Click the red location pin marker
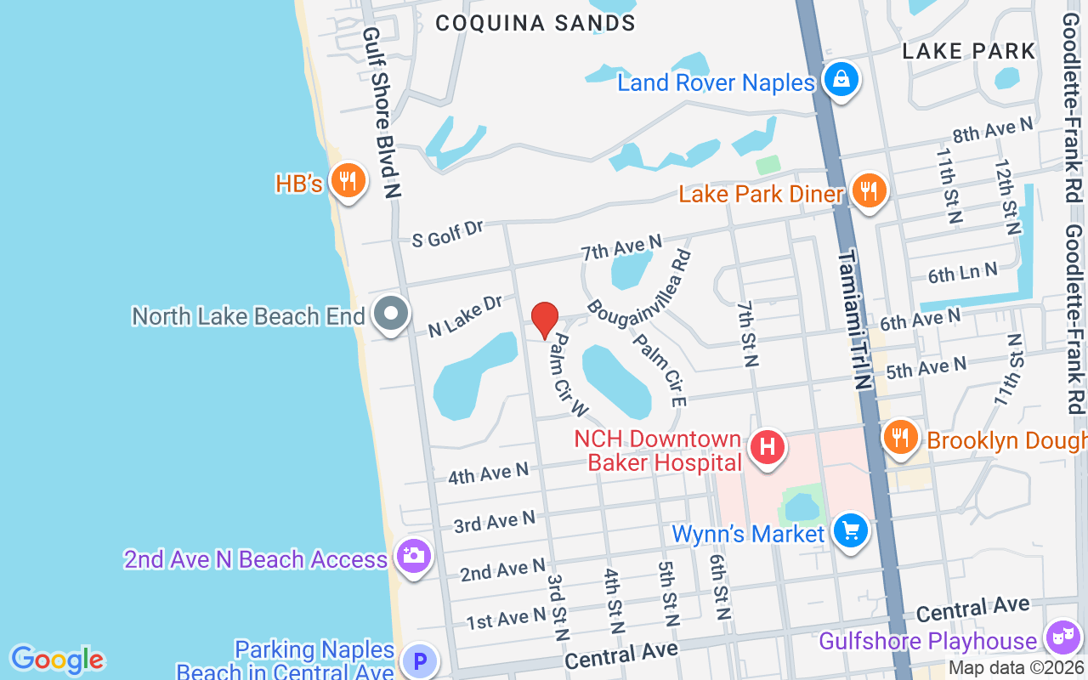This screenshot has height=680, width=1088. [x=544, y=320]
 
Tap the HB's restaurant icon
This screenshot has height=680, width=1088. [x=347, y=181]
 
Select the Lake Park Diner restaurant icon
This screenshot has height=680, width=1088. [x=868, y=190]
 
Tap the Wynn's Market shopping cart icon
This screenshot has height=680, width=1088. [x=849, y=531]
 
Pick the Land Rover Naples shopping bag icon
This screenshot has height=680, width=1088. [x=841, y=80]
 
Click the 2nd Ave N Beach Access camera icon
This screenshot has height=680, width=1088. [x=414, y=557]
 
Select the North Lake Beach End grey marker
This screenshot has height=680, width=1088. [x=390, y=313]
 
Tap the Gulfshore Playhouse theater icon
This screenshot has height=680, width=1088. [x=1061, y=636]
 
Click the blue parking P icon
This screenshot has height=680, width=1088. [x=418, y=660]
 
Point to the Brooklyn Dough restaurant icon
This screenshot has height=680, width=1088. [x=899, y=437]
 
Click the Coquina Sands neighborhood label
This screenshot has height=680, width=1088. [x=535, y=23]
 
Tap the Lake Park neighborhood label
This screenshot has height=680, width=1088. [x=969, y=51]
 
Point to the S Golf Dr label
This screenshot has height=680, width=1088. [x=447, y=234]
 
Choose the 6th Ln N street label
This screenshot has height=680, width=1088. [x=963, y=273]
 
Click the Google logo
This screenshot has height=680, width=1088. [x=57, y=660]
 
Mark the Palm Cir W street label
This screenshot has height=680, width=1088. [x=568, y=375]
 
